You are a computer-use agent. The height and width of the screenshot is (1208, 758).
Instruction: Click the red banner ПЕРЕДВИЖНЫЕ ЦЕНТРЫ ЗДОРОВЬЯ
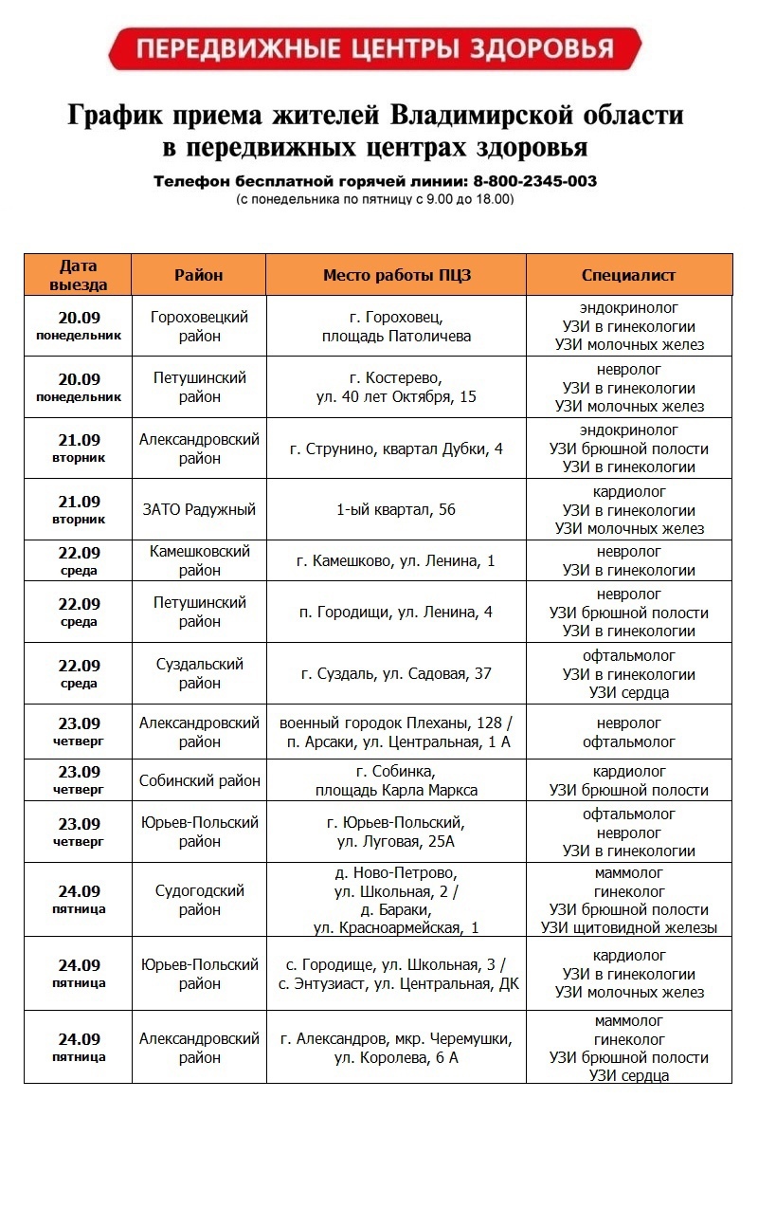[375, 48]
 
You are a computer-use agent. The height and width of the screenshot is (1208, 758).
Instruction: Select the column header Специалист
[628, 275]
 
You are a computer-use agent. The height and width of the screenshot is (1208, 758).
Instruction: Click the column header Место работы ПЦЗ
[396, 275]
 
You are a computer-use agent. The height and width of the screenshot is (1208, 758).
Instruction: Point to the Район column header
[199, 275]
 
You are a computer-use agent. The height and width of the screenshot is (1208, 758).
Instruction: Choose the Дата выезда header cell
[78, 275]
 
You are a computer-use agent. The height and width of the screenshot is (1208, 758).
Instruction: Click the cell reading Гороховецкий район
[199, 326]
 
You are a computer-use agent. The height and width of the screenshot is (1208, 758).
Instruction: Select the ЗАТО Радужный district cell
[199, 509]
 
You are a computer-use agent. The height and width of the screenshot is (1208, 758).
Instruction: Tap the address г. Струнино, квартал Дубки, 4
[396, 448]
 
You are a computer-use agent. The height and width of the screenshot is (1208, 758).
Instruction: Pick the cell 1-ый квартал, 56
[396, 509]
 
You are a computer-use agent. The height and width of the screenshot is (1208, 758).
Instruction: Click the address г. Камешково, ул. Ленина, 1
[396, 561]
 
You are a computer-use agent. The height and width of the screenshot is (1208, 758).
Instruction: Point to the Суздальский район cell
[199, 673]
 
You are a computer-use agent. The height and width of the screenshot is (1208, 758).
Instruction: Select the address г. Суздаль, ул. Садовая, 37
[396, 673]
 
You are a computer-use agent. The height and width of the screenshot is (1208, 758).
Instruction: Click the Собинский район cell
[199, 781]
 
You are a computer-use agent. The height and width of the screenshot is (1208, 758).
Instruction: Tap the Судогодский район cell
[199, 900]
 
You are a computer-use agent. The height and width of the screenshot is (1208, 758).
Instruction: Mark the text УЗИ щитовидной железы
[628, 927]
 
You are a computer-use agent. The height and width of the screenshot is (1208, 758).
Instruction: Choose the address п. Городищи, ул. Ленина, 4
[396, 613]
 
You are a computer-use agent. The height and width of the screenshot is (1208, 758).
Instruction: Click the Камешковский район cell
[199, 560]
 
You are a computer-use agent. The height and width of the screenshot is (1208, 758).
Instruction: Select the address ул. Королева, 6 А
[396, 1057]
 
